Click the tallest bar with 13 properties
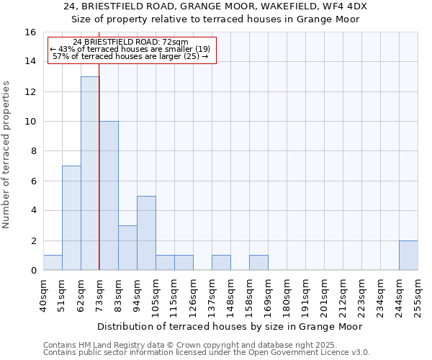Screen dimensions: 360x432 pyautogui.click(x=90, y=173)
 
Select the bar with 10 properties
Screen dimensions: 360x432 pyautogui.click(x=109, y=195)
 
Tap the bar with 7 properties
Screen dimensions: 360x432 pyautogui.click(x=71, y=217)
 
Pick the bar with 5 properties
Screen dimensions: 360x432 pyautogui.click(x=146, y=233)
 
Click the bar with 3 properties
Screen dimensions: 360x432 pyautogui.click(x=127, y=248)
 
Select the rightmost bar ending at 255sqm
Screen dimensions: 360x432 pyautogui.click(x=408, y=256)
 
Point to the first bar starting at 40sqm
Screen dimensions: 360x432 pyautogui.click(x=53, y=263)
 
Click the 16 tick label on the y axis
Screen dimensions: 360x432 pyautogui.click(x=30, y=32)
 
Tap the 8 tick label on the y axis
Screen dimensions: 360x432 pyautogui.click(x=33, y=151)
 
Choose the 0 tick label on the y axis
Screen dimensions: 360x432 pyautogui.click(x=33, y=270)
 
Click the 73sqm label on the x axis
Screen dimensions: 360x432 pyautogui.click(x=99, y=293)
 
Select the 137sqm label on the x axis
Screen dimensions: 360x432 pyautogui.click(x=212, y=293)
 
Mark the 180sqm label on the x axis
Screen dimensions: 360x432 pyautogui.click(x=287, y=293)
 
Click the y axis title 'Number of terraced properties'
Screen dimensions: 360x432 pyautogui.click(x=6, y=155)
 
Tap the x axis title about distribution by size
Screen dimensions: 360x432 pyautogui.click(x=230, y=326)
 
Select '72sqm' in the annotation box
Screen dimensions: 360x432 pyautogui.click(x=175, y=42)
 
